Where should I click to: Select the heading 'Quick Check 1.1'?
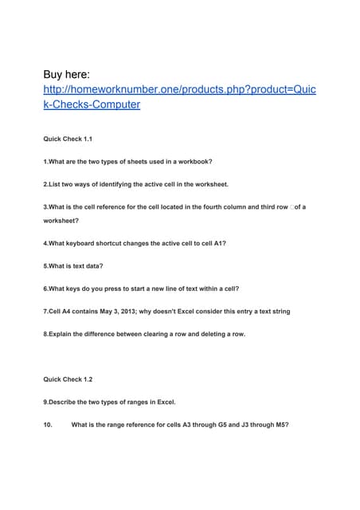click(68, 139)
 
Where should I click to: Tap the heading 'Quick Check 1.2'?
click(68, 379)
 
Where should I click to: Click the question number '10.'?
click(48, 425)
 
